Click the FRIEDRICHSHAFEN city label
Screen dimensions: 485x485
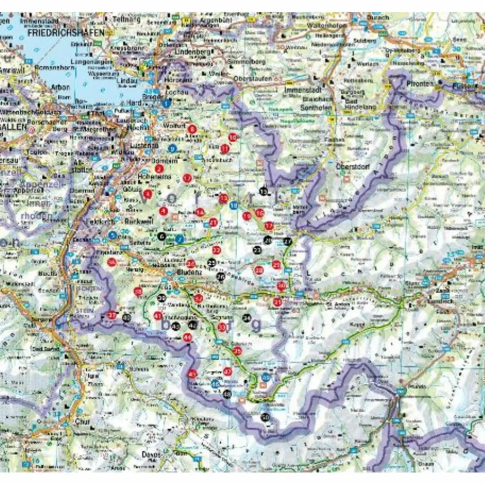[66, 33]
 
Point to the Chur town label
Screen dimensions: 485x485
[82, 420]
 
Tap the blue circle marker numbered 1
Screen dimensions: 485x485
[166, 102]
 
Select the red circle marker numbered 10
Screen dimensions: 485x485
[232, 137]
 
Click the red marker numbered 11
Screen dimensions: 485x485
[225, 149]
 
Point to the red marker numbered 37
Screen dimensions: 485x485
[112, 315]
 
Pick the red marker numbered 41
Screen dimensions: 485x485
[158, 316]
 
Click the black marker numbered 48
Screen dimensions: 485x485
[227, 394]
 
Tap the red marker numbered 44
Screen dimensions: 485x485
[188, 337]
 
